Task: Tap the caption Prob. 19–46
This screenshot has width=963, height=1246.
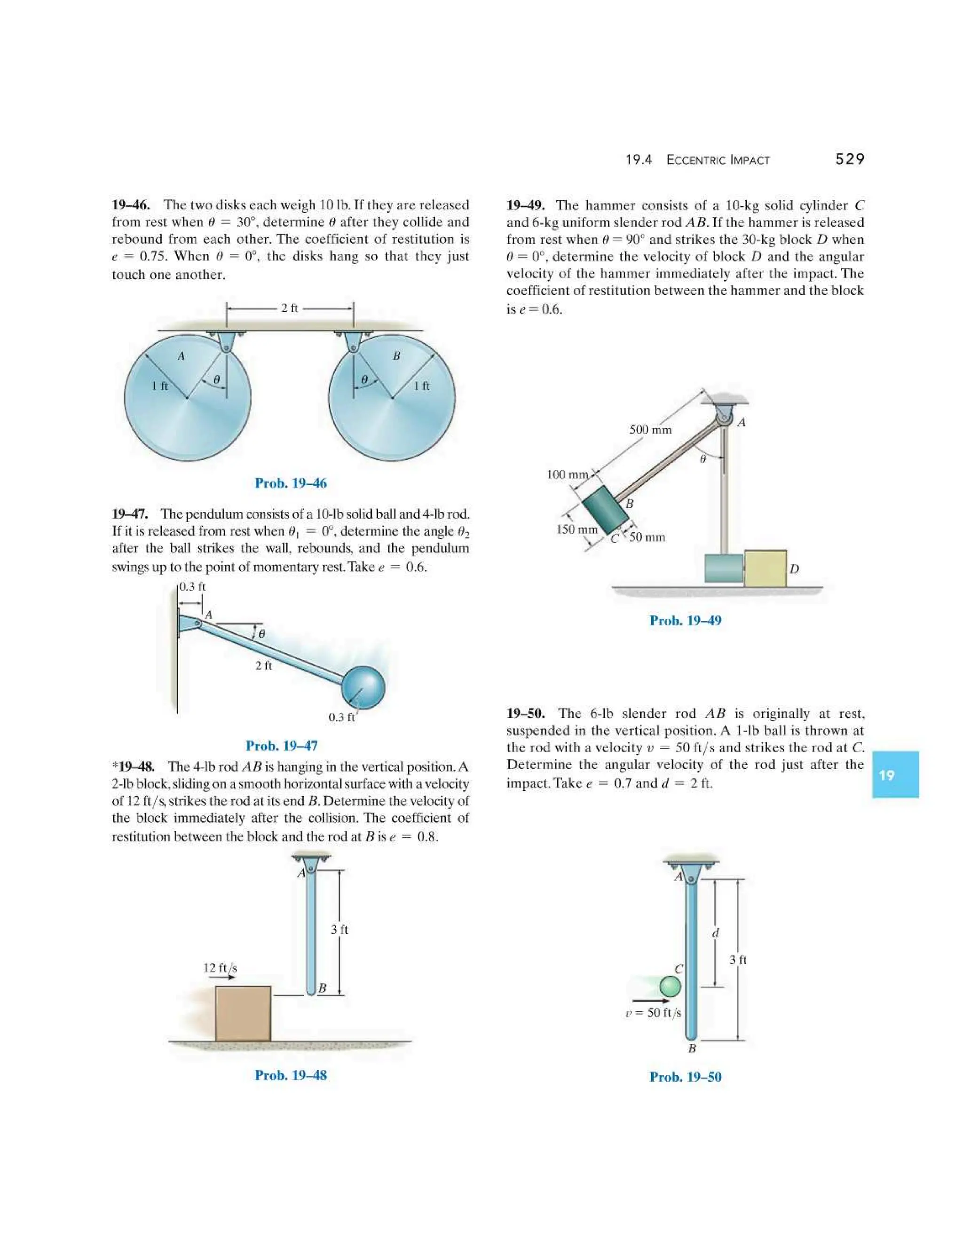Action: [x=291, y=483]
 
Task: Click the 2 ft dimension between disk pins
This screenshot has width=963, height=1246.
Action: [x=289, y=308]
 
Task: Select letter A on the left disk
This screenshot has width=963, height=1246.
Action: [x=181, y=356]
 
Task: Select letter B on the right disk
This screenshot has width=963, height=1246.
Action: [x=396, y=356]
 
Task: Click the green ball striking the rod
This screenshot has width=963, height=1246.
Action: [x=671, y=986]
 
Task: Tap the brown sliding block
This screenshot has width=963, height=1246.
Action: [x=243, y=1013]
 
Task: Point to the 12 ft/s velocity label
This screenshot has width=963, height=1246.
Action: [x=220, y=968]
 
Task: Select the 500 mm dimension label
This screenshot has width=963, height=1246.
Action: [x=650, y=430]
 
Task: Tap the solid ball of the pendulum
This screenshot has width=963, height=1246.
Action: [x=363, y=687]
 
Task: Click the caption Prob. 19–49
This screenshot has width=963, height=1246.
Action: [x=685, y=621]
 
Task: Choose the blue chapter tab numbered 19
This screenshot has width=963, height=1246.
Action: [x=894, y=775]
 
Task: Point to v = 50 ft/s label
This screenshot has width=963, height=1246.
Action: [x=653, y=1013]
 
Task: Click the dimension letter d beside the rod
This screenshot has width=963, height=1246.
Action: [x=716, y=933]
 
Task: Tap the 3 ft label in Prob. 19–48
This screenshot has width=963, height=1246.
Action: [x=339, y=930]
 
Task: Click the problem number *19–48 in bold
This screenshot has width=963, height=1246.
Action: [x=133, y=767]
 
